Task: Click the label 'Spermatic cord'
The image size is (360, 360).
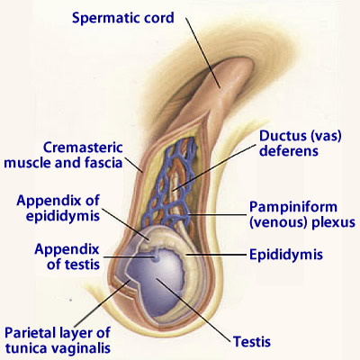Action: pyautogui.click(x=123, y=18)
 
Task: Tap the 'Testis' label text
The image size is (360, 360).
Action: pyautogui.click(x=252, y=342)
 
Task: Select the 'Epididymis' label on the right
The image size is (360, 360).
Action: pyautogui.click(x=286, y=255)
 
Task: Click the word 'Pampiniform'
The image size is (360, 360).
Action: pyautogui.click(x=293, y=207)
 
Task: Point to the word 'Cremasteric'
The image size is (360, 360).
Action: pyautogui.click(x=83, y=148)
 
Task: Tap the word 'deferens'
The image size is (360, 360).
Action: pyautogui.click(x=289, y=151)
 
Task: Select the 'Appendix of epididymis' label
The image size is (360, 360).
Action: pyautogui.click(x=58, y=208)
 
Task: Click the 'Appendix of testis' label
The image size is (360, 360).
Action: pyautogui.click(x=67, y=256)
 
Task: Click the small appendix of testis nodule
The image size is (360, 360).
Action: pyautogui.click(x=155, y=256)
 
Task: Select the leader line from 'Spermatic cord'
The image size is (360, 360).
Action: pyautogui.click(x=203, y=53)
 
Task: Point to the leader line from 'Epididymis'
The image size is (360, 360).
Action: pyautogui.click(x=217, y=255)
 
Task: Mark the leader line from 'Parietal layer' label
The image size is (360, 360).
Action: pyautogui.click(x=102, y=304)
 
